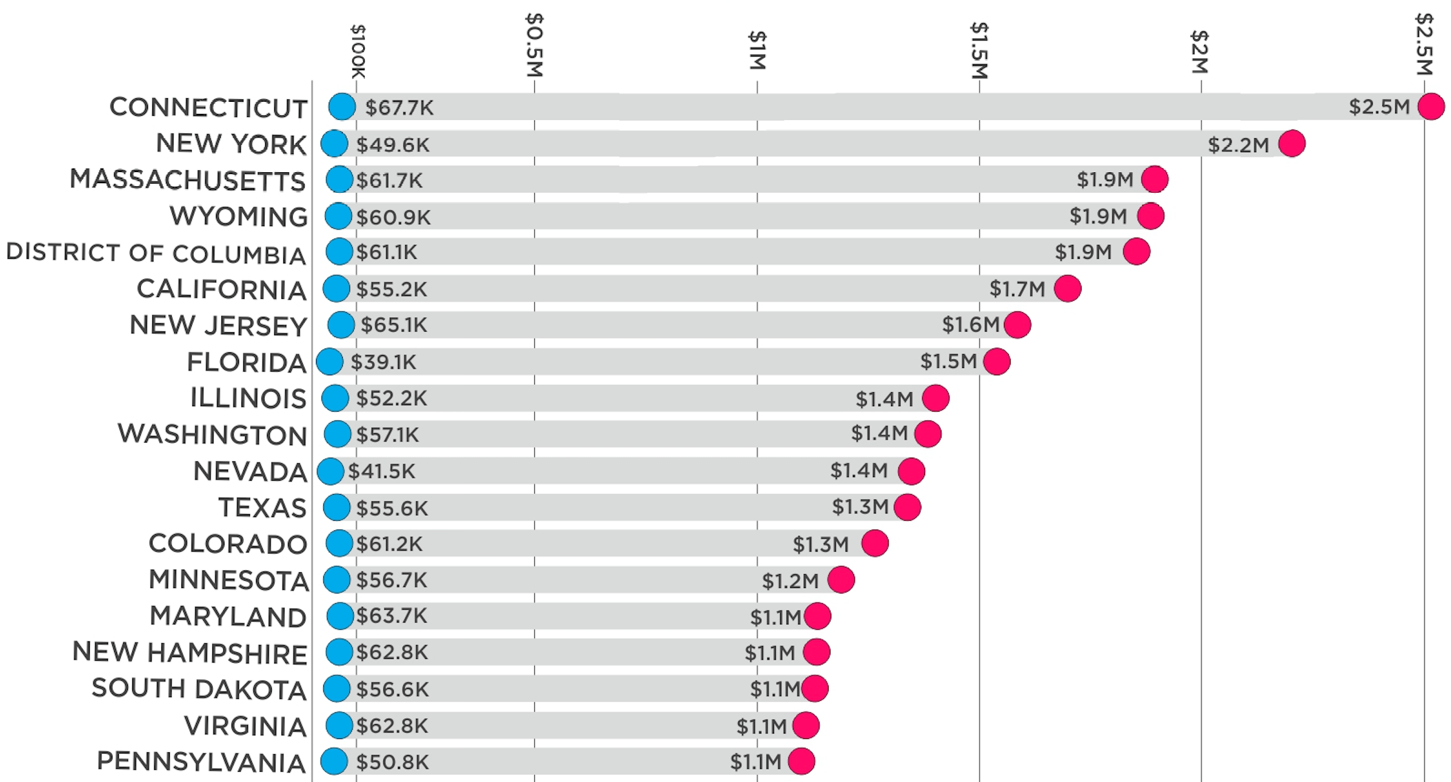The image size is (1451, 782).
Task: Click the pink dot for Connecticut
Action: click(x=1430, y=107)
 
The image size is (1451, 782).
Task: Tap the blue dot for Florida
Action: click(x=330, y=362)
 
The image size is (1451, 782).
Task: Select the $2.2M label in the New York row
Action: click(x=1238, y=145)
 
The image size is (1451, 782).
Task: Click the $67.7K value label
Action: click(x=399, y=108)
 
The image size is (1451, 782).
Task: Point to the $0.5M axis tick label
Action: click(x=534, y=45)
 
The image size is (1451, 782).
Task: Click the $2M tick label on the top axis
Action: click(x=1199, y=52)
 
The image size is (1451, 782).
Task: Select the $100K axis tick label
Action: click(x=358, y=52)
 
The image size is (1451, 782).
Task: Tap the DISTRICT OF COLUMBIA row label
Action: click(x=156, y=253)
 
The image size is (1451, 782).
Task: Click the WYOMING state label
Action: click(x=238, y=217)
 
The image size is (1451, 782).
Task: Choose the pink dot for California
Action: click(x=1067, y=288)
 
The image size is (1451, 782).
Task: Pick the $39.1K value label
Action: click(x=383, y=363)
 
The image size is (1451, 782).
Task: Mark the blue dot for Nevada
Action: click(x=331, y=471)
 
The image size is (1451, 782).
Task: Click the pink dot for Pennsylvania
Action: click(x=801, y=761)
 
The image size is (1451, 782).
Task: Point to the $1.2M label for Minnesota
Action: click(x=790, y=581)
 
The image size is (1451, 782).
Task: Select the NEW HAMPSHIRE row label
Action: click(x=190, y=653)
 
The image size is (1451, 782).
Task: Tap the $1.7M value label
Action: click(x=1017, y=289)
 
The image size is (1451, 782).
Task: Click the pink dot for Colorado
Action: click(x=875, y=543)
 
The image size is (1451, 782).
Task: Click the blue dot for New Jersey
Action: click(x=341, y=325)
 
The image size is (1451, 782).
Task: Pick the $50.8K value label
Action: click(x=392, y=762)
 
